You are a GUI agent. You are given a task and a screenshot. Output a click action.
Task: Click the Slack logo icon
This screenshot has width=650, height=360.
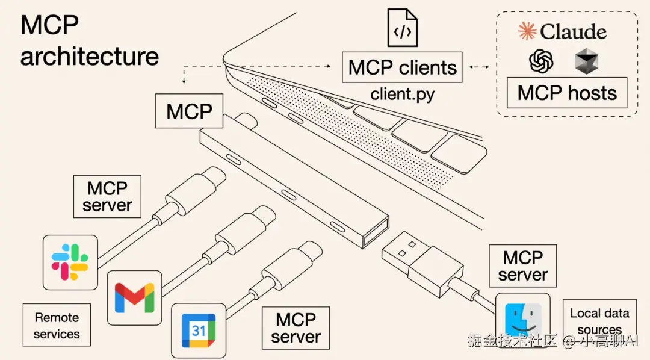70,262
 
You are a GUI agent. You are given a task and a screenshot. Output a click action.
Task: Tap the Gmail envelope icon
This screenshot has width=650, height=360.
135,297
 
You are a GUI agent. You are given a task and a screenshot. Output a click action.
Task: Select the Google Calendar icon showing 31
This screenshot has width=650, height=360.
199,331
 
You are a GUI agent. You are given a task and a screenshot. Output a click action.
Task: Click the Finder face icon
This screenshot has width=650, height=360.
523,320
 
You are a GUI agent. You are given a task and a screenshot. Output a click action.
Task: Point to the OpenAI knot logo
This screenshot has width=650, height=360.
540,61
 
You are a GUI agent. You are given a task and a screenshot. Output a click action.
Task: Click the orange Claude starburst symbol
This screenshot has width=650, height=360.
527,31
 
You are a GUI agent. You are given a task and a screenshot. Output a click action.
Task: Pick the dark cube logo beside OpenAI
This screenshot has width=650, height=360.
586,62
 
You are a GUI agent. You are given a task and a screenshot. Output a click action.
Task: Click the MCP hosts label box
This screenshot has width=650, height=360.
567,93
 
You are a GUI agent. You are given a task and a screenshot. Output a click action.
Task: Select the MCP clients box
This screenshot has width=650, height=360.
403,67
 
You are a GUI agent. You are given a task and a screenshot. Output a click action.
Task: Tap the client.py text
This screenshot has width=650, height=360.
402,94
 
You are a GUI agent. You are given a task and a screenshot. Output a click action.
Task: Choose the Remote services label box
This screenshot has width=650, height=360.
57,325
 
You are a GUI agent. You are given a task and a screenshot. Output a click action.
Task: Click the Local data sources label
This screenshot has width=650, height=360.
599,321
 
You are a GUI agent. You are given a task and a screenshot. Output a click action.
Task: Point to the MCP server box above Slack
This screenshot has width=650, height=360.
107,196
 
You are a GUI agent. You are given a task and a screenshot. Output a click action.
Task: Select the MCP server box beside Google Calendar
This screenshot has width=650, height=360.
296,327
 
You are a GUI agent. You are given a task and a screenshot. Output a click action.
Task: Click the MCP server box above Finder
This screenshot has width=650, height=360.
523,265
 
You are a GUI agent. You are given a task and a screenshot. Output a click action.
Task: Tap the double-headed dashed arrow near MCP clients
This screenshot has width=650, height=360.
479,67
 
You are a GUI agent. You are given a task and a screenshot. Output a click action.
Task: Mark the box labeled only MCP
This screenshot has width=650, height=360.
189,111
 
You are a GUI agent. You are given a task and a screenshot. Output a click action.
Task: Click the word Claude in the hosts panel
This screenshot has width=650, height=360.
573,31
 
